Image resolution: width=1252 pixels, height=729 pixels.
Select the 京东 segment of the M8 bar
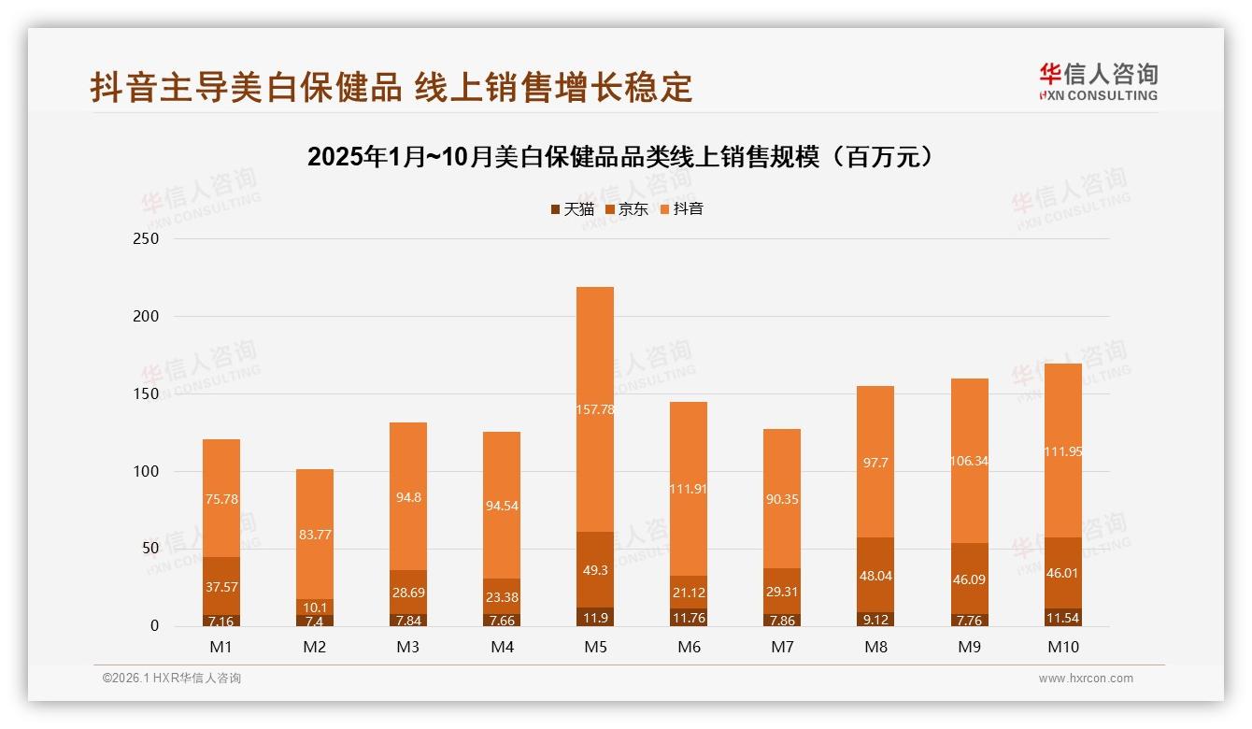pyautogui.click(x=875, y=575)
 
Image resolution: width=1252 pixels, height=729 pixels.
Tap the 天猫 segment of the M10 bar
pyautogui.click(x=1062, y=618)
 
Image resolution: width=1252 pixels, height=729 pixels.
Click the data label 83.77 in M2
pyautogui.click(x=315, y=535)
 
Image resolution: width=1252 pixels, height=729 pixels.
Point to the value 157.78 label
pyautogui.click(x=595, y=409)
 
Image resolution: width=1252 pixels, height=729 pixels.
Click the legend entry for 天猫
pyautogui.click(x=572, y=209)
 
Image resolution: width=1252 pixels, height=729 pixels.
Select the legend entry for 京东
pyautogui.click(x=627, y=209)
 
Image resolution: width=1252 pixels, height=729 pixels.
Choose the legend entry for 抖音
pyautogui.click(x=681, y=209)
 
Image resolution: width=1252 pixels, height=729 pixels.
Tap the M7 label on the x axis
pyautogui.click(x=782, y=647)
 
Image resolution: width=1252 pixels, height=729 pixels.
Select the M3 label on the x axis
pyautogui.click(x=408, y=647)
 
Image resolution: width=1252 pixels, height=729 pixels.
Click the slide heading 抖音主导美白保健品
pyautogui.click(x=391, y=87)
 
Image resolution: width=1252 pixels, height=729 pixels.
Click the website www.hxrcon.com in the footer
pyautogui.click(x=1086, y=679)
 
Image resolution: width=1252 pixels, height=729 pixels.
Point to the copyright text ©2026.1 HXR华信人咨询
pyautogui.click(x=171, y=679)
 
